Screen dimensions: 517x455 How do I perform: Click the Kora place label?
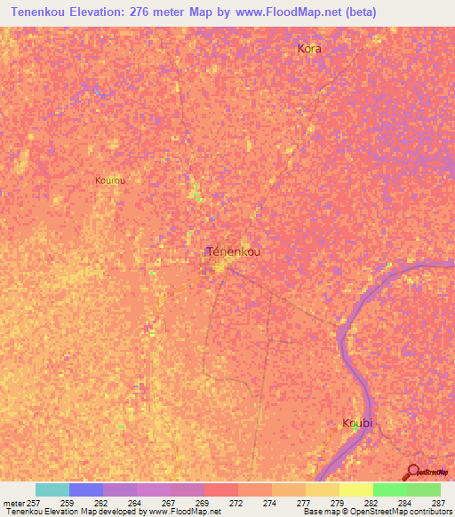coord(309,49)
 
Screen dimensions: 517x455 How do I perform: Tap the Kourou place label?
coord(110,180)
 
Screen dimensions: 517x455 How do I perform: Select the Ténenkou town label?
coord(234,251)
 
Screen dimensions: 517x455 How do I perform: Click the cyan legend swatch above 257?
coord(52,489)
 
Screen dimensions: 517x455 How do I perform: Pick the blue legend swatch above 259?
coord(86,489)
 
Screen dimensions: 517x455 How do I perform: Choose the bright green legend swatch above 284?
coord(390,489)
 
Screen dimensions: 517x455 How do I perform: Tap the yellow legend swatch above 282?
coord(356,489)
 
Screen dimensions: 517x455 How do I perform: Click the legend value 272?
coord(235,503)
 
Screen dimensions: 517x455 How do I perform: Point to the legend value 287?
coord(438,503)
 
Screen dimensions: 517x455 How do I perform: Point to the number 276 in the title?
coord(142,12)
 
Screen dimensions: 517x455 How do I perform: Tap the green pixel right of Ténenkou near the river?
coord(388,264)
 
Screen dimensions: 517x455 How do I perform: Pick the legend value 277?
coord(303,503)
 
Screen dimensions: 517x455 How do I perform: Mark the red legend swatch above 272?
coord(221,489)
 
